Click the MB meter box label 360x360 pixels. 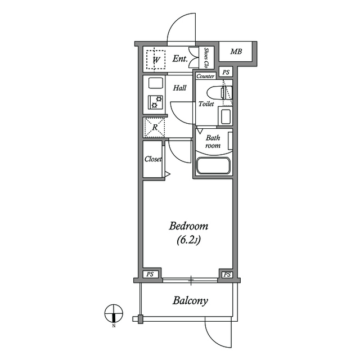click(236, 51)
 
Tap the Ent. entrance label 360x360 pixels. click(180, 58)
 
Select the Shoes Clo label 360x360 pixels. click(206, 57)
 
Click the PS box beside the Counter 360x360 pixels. click(226, 72)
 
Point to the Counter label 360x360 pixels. click(205, 76)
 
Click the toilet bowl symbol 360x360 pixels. click(220, 93)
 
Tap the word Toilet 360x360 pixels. click(206, 104)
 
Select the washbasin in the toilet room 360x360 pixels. click(226, 116)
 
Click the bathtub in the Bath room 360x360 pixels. click(213, 165)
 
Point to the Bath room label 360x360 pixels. click(213, 141)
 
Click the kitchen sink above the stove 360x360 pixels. click(156, 83)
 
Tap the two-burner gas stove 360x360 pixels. click(155, 102)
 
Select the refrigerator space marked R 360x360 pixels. click(154, 128)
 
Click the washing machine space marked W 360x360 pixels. click(156, 60)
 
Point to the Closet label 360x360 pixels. click(153, 159)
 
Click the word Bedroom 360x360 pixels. click(188, 226)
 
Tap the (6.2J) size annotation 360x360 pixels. click(189, 240)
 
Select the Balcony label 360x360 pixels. click(190, 300)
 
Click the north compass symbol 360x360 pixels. click(114, 313)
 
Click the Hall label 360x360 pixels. click(179, 88)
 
